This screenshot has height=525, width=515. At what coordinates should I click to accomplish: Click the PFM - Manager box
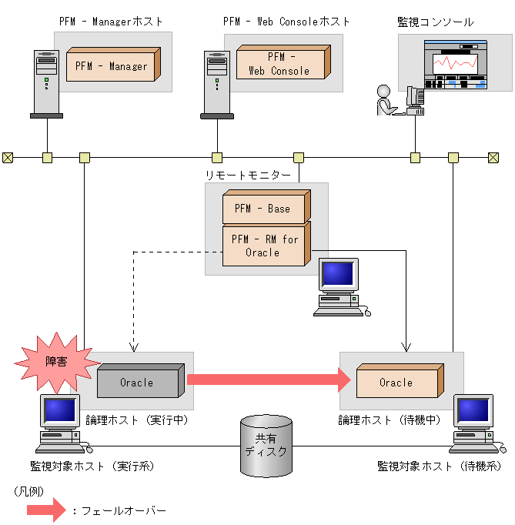[112, 65]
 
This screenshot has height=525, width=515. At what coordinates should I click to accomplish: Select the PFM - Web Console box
[279, 63]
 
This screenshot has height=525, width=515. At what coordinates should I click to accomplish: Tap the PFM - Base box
[263, 209]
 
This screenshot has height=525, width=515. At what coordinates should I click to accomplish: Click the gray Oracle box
[138, 382]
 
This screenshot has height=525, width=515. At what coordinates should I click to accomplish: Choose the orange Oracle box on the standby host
[396, 382]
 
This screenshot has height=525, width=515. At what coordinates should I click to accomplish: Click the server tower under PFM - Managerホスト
[47, 83]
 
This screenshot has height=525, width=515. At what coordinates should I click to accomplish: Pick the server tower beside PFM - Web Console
[216, 83]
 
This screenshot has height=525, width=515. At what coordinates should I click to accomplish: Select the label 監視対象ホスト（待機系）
[439, 466]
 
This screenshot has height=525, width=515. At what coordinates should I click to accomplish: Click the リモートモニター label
[248, 176]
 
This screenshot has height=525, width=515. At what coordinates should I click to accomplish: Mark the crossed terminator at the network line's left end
[8, 158]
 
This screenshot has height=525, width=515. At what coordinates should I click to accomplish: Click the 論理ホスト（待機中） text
[389, 420]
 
